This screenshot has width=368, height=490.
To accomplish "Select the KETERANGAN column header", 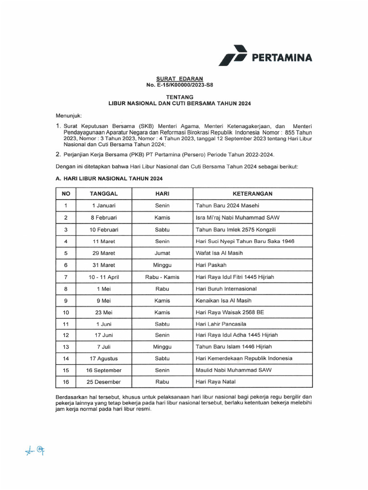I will click(253, 194).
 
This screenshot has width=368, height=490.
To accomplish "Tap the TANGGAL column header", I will click(104, 194).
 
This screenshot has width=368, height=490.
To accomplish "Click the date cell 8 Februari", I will click(104, 217).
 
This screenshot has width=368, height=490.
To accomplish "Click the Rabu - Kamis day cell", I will click(162, 277).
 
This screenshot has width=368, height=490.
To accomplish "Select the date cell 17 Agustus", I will click(104, 358).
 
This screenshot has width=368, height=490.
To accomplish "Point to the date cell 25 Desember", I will click(104, 382).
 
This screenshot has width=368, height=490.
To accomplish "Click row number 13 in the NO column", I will click(66, 346).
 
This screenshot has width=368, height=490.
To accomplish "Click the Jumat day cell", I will click(162, 253).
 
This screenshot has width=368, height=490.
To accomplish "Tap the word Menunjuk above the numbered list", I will click(69, 116).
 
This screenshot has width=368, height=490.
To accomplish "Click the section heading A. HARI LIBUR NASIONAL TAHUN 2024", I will click(109, 178).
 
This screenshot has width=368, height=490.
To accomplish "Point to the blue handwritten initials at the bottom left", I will click(35, 450).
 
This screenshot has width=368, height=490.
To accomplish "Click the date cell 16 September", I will click(104, 370).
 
